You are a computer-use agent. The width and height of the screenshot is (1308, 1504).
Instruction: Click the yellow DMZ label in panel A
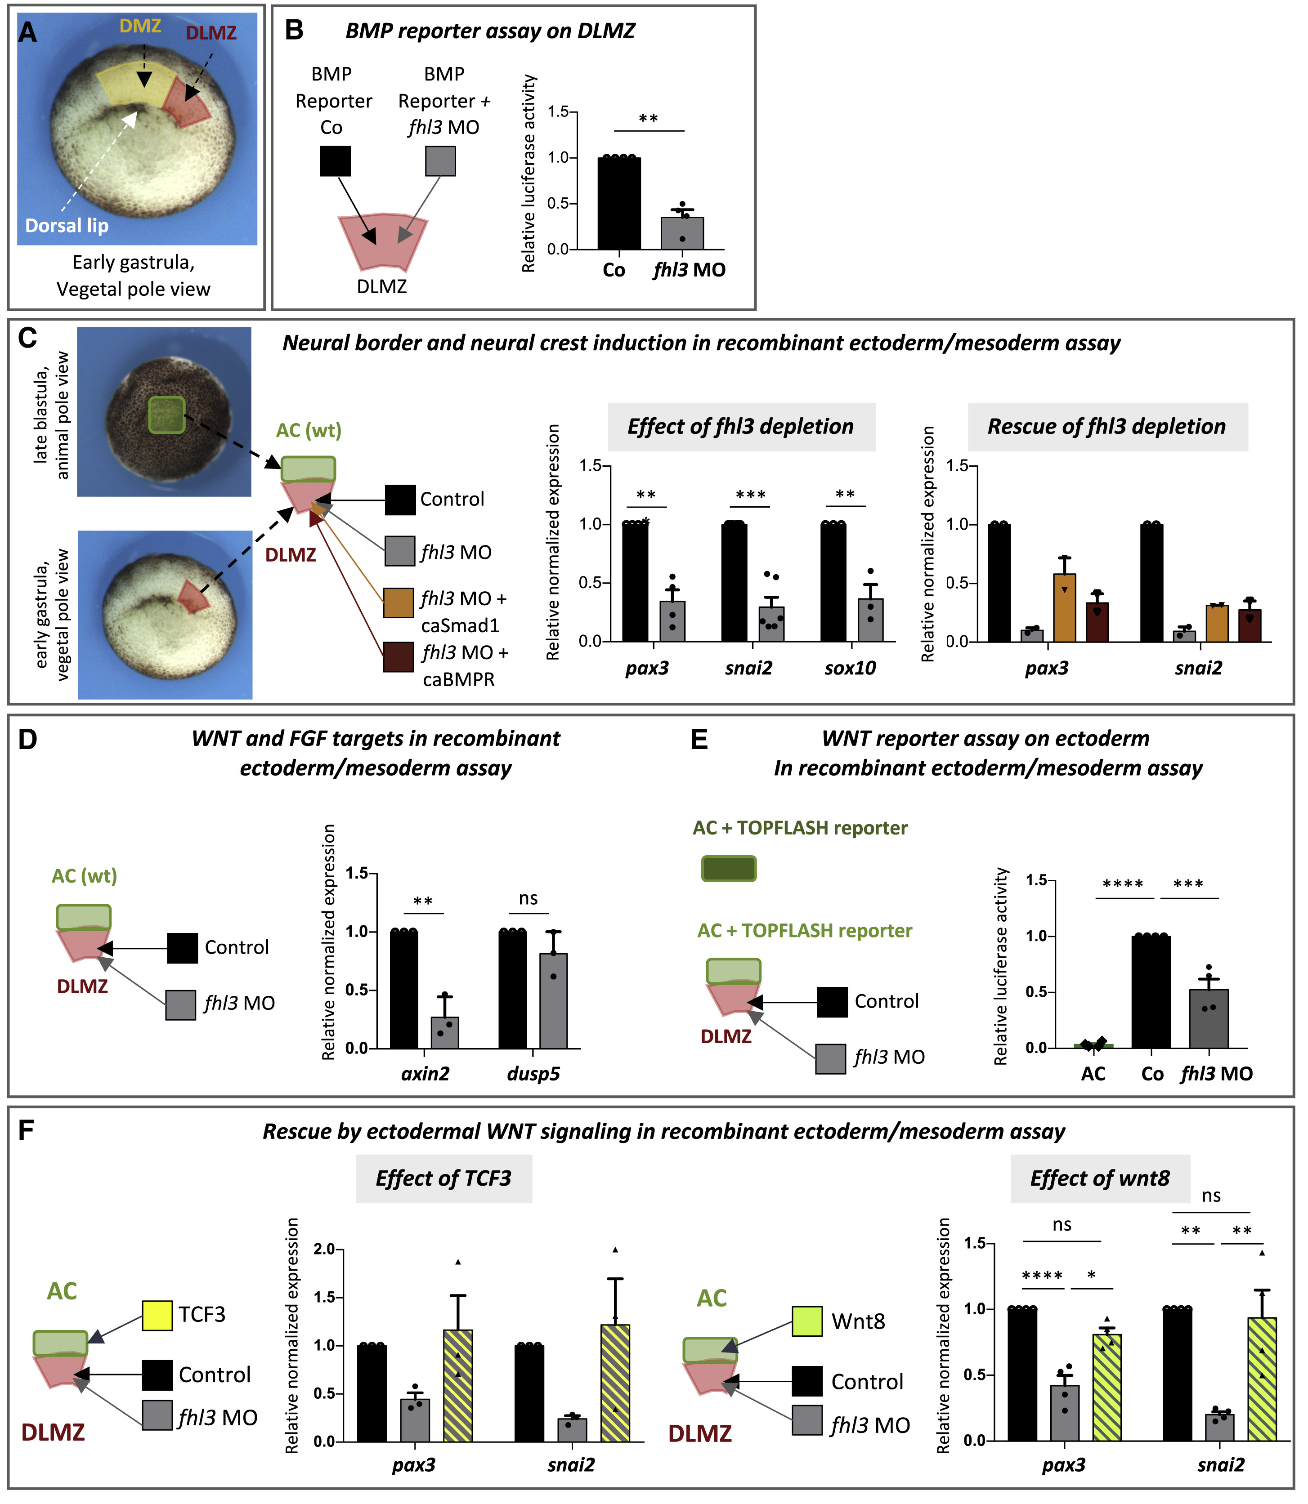click(140, 26)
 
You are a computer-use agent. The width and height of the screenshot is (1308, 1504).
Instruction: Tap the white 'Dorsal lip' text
click(67, 226)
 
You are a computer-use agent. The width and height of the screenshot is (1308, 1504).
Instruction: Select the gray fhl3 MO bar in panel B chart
click(682, 233)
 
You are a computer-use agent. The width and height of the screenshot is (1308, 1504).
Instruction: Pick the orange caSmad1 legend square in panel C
click(399, 603)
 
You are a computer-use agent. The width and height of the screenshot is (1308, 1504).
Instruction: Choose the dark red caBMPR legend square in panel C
click(399, 657)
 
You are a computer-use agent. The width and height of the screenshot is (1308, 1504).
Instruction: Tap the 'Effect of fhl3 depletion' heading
click(741, 426)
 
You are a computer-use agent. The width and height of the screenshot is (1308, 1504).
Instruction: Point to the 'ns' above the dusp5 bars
click(529, 898)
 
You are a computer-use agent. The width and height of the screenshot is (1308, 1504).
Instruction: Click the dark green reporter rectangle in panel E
click(729, 868)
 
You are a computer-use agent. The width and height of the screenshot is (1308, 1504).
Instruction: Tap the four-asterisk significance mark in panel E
click(1123, 884)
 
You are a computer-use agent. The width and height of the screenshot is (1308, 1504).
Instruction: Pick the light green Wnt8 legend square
click(807, 1321)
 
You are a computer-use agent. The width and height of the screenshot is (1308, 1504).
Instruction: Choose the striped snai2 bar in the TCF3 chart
click(614, 1383)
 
